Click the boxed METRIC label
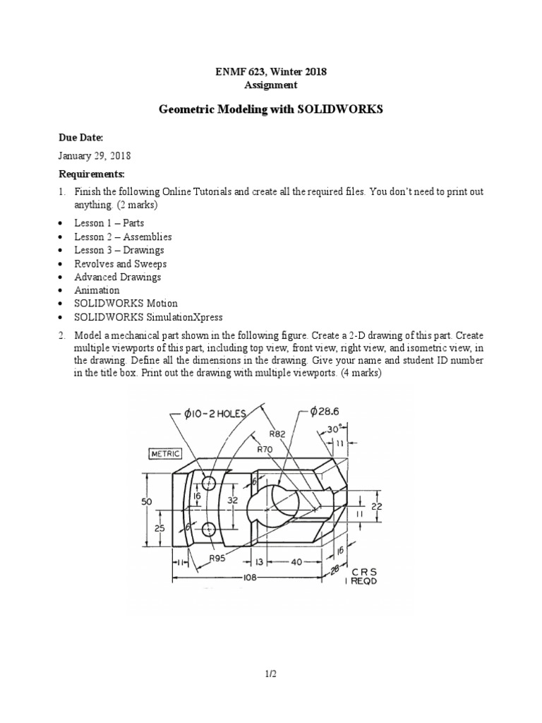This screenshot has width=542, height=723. pyautogui.click(x=164, y=453)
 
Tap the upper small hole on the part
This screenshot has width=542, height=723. pyautogui.click(x=209, y=484)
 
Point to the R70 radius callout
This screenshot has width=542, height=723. pyautogui.click(x=265, y=448)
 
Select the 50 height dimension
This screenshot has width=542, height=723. pyautogui.click(x=145, y=501)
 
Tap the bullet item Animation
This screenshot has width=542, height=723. pyautogui.click(x=97, y=290)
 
